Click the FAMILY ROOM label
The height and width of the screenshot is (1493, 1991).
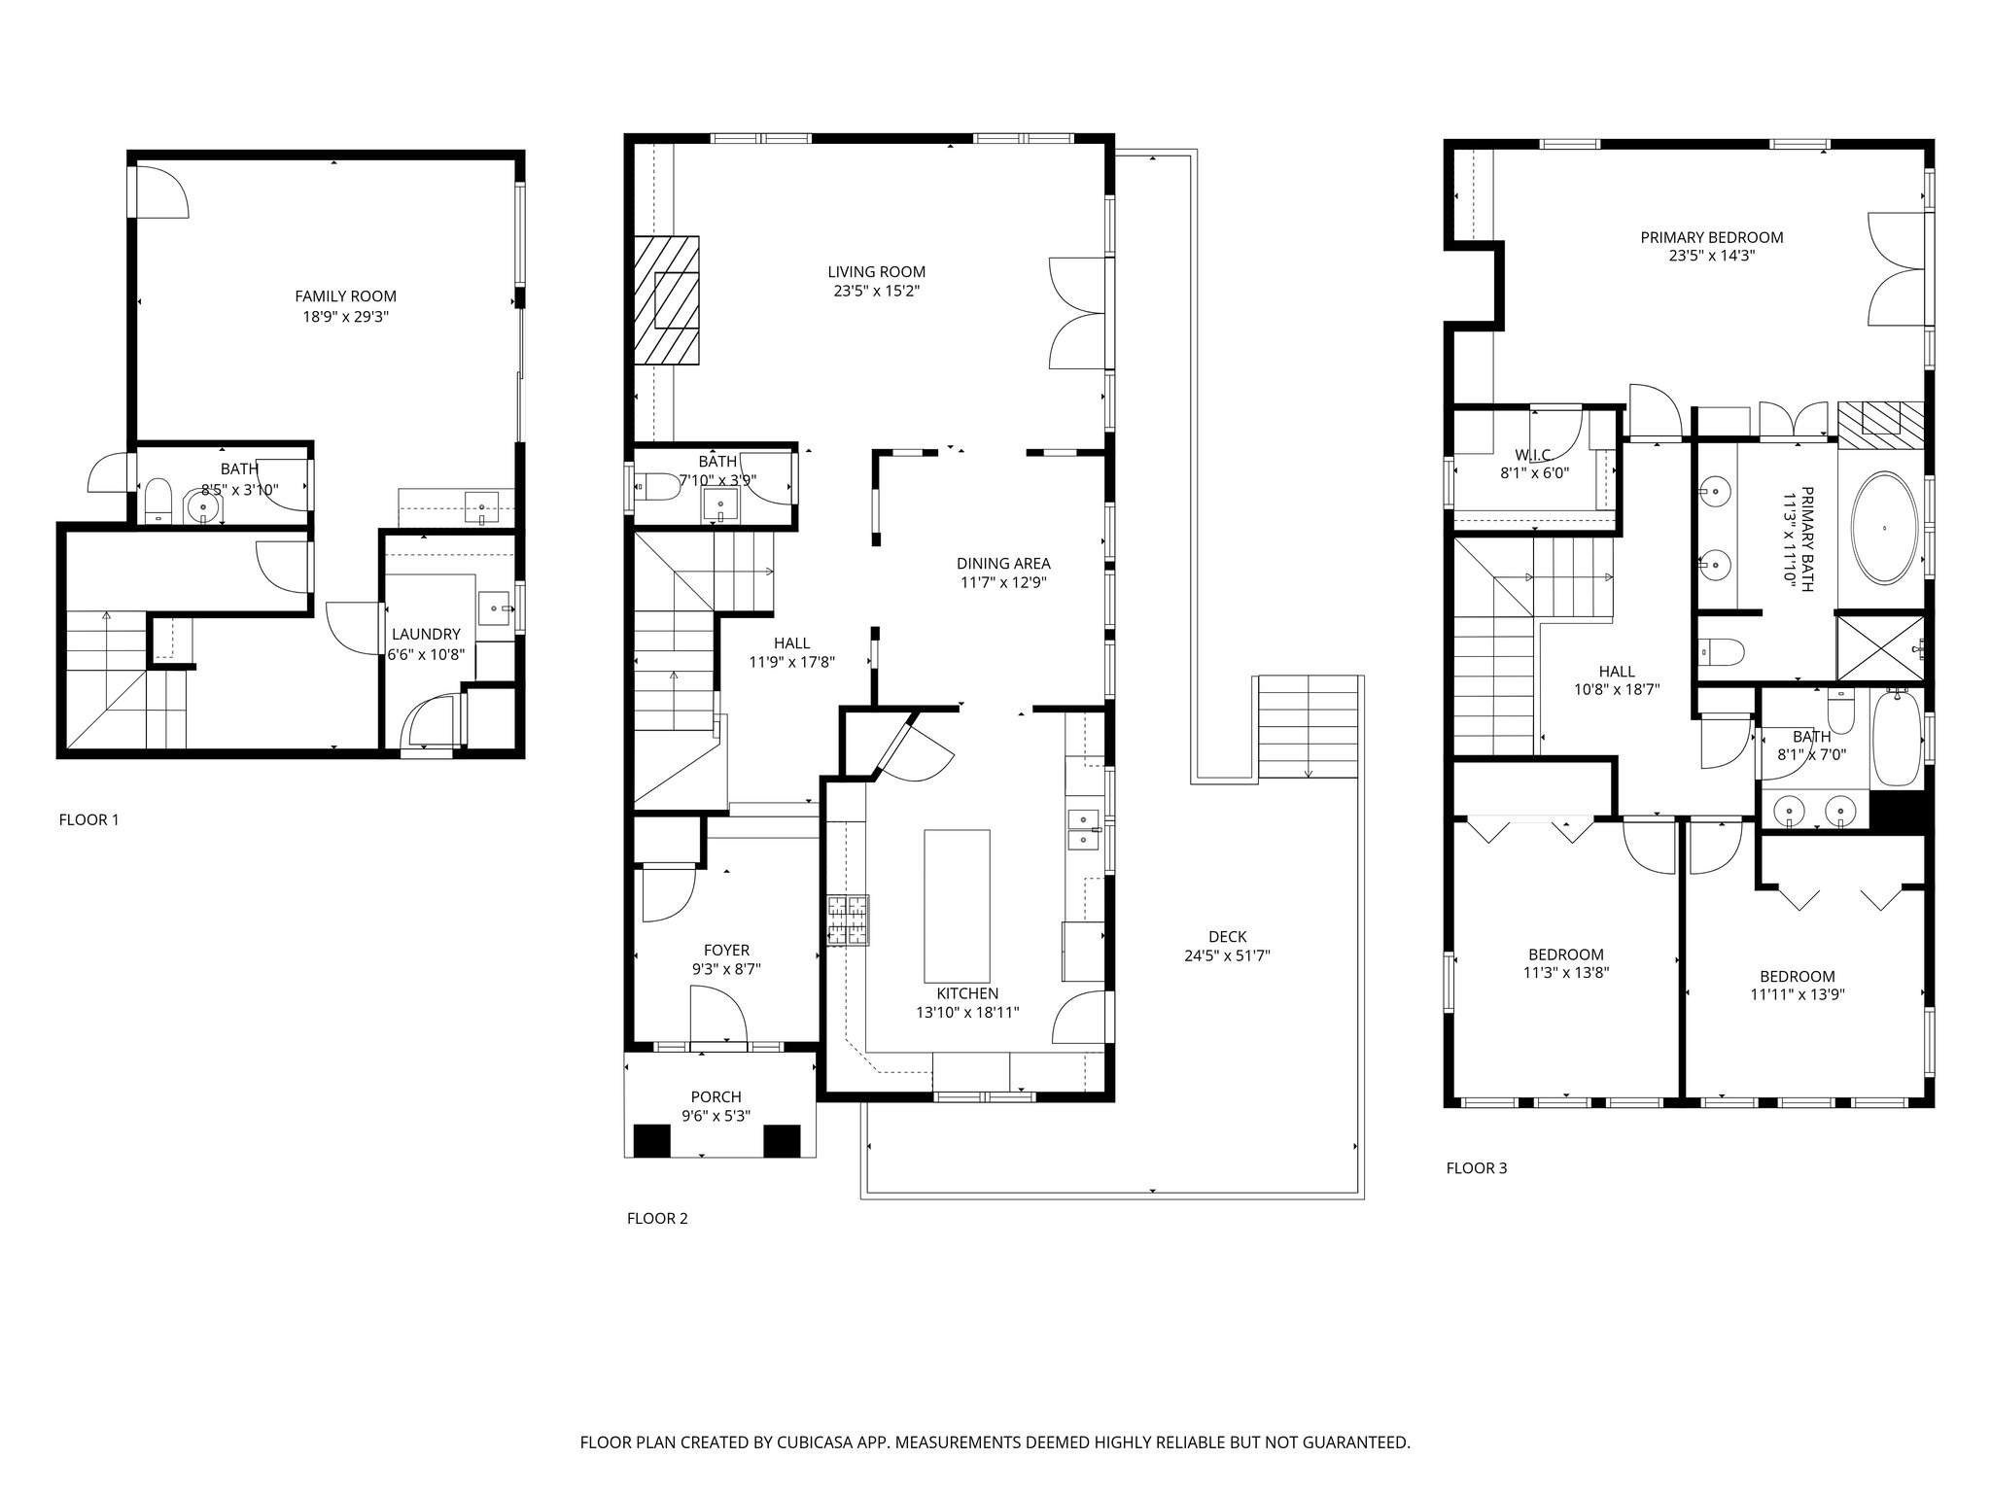pos(345,296)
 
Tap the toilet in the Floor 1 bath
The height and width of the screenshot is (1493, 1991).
pos(157,501)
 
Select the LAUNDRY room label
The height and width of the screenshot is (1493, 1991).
pos(426,635)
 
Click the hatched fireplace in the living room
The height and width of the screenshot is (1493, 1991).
pos(667,300)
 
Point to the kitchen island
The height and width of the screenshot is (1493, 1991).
pos(957,906)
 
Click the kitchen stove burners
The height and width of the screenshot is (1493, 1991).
pos(848,920)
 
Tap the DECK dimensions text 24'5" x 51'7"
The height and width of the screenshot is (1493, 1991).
pos(1227,955)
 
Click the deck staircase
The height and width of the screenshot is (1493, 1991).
pos(1309,726)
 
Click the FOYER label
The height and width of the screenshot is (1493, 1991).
pos(726,951)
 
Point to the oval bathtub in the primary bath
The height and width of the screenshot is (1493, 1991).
pos(1885,529)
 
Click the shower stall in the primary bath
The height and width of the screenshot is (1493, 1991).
pos(1880,646)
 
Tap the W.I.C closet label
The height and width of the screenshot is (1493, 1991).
pos(1532,455)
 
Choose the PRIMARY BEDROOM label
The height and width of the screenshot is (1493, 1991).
pos(1712,237)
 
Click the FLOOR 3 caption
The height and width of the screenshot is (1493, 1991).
pos(1477,1168)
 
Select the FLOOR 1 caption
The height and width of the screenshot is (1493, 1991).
pos(88,819)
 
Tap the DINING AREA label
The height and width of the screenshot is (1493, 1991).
pos(1003,564)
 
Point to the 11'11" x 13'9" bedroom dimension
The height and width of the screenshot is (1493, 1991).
pos(1798,994)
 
